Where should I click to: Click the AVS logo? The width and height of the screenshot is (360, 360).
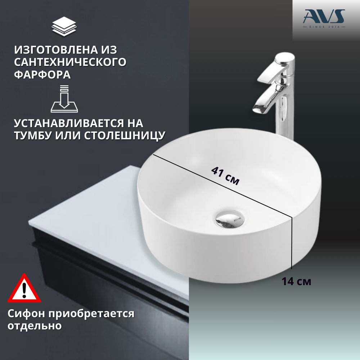324,18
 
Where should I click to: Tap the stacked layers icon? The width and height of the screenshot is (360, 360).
64,26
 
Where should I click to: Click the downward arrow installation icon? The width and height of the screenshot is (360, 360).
64,99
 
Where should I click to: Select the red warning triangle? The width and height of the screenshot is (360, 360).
24,288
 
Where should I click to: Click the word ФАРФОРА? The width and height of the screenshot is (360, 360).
42,75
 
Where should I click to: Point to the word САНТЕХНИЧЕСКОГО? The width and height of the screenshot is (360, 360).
70,62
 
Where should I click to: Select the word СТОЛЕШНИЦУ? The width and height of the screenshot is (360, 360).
125,136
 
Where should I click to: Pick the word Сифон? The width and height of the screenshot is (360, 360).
26,314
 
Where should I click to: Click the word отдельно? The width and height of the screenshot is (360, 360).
35,326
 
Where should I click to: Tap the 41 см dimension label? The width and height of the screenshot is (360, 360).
225,176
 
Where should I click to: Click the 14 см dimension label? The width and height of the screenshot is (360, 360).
296,282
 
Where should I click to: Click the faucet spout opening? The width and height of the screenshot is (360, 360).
258,110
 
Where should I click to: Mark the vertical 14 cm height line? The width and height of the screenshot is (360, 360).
292,242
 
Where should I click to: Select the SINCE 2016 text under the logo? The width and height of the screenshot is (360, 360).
324,27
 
